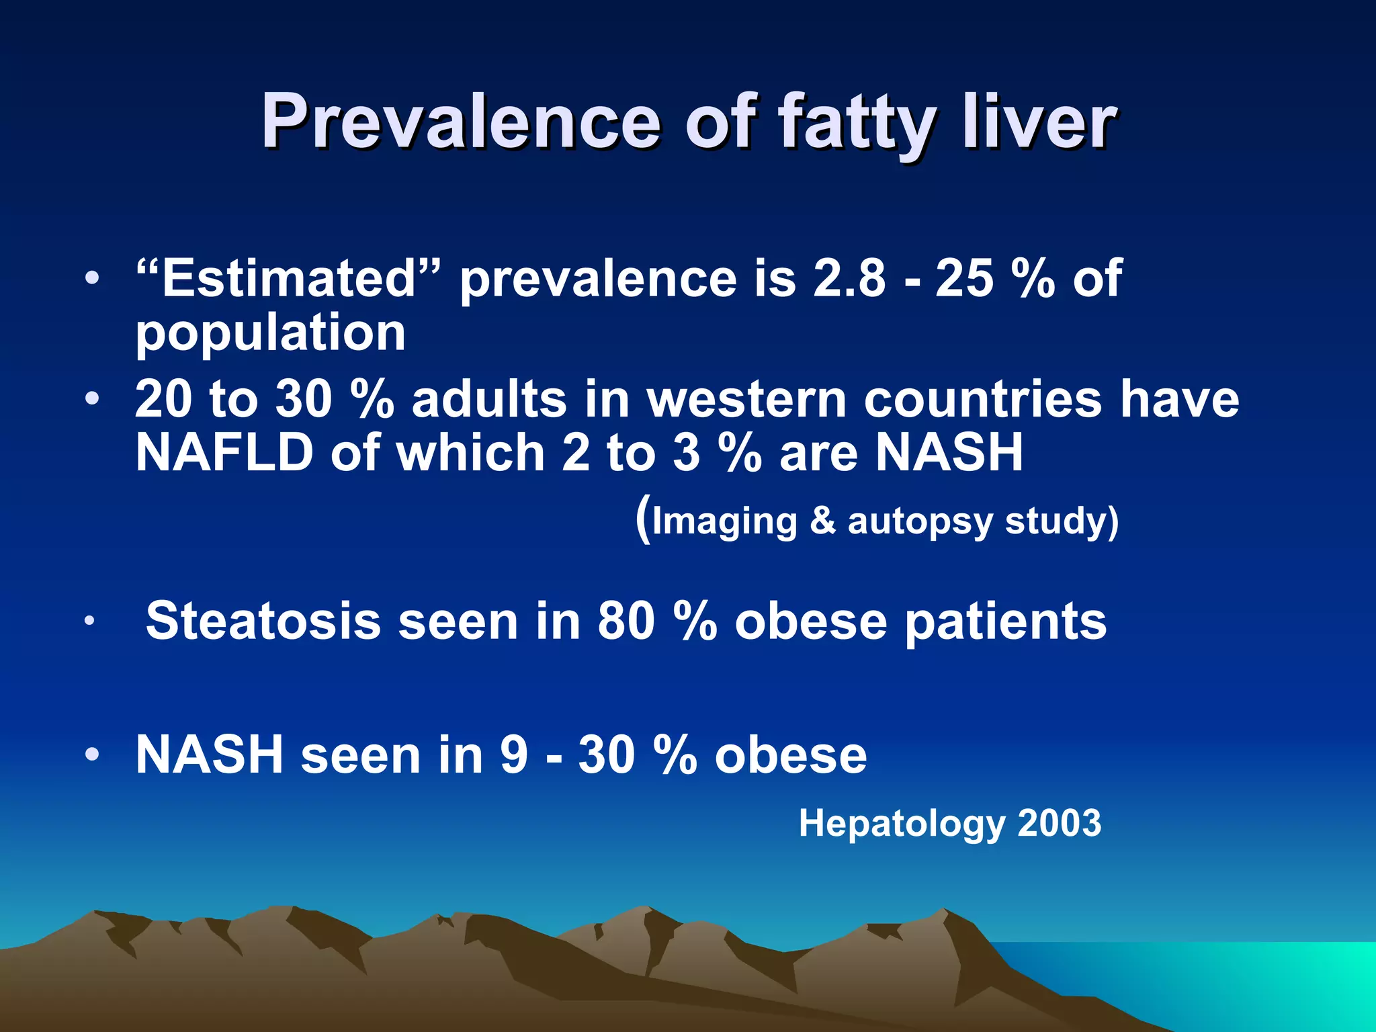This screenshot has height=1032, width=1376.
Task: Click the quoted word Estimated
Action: coord(289,278)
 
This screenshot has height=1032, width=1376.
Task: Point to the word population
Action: coord(270,334)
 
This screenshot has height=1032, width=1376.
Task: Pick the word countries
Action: coord(983,399)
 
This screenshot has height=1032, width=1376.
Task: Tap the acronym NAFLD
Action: coord(224,453)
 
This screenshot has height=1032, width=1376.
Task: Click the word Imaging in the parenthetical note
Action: coord(724,521)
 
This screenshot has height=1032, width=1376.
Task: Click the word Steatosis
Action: coord(263,621)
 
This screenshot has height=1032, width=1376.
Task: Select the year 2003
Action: coord(1060,822)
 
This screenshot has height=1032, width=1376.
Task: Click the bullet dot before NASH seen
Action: coord(92,754)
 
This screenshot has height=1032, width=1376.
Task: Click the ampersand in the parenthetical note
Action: coord(822,521)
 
